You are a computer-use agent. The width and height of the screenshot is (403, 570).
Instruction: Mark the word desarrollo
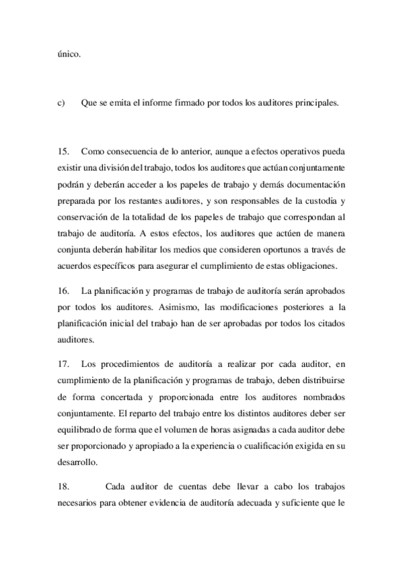tap(77, 462)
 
